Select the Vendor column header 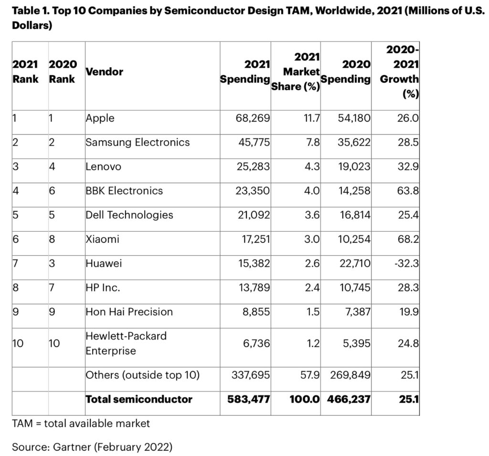pos(104,72)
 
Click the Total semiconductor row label pos(139,399)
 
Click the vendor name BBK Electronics pos(124,191)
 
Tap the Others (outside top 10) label pos(142,375)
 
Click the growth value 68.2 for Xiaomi pos(408,239)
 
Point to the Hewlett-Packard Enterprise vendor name pos(126,343)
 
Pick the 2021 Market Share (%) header pos(296,73)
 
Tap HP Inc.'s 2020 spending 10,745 pos(352,288)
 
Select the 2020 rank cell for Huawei pos(52,263)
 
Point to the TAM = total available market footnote pos(81,423)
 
